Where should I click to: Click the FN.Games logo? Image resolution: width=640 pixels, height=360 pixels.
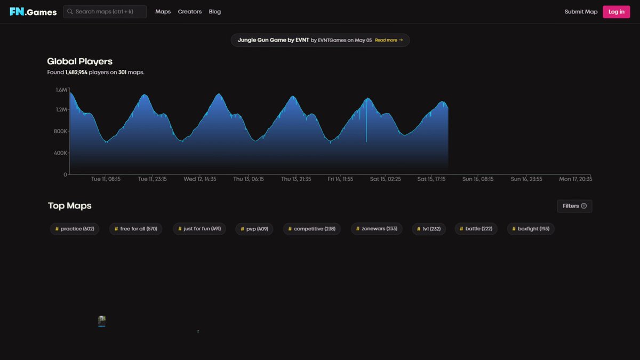33,12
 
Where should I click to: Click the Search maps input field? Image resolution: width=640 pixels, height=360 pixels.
105,12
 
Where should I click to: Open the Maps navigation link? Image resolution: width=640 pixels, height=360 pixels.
163,12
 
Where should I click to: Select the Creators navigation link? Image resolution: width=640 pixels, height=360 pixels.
190,12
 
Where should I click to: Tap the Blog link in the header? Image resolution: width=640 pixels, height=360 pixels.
215,12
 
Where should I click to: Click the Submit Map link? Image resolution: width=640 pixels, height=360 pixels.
581,12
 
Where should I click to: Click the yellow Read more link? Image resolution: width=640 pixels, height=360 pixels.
389,40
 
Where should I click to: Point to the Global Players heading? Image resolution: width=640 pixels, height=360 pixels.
79,61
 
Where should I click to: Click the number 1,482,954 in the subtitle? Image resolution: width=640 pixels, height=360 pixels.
76,73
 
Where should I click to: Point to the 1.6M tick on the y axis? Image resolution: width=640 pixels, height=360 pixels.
61,90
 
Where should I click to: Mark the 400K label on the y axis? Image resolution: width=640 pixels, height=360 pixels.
60,153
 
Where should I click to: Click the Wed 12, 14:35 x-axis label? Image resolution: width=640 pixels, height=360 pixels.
199,179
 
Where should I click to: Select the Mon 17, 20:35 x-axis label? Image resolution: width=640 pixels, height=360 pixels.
575,179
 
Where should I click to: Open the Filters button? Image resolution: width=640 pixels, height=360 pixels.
574,206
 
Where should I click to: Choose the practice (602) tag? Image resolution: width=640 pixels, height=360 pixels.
75,229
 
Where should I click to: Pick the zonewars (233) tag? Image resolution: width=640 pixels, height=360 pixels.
377,229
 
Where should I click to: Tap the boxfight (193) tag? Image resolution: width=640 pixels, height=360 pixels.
531,229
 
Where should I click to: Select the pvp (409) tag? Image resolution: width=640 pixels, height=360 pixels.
254,229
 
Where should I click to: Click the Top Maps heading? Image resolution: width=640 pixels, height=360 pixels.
70,206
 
